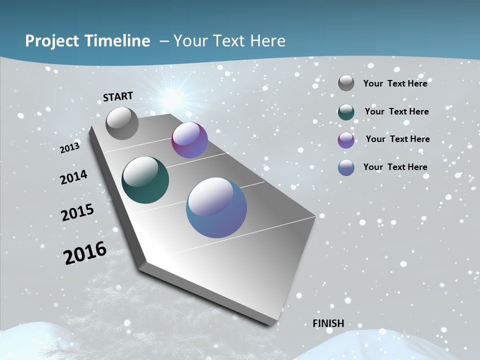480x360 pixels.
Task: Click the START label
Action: point(118,96)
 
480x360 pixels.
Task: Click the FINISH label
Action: point(328,323)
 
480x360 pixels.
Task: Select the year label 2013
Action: point(70,148)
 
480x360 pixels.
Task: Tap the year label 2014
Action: point(74,177)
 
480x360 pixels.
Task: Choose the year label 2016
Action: point(85,253)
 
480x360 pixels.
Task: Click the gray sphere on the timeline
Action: point(122,123)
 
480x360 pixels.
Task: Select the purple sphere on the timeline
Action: point(189,140)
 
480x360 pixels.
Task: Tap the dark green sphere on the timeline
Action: point(145,180)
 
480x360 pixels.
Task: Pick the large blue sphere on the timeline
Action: point(216,207)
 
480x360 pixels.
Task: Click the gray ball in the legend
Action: point(346,83)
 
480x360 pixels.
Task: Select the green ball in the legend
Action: point(346,112)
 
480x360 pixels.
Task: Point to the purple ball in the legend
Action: point(346,140)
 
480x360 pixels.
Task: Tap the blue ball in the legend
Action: point(346,167)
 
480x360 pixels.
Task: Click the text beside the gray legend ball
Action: point(395,83)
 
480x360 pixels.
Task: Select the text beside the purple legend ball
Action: point(397,139)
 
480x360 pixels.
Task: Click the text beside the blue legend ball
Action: point(395,167)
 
